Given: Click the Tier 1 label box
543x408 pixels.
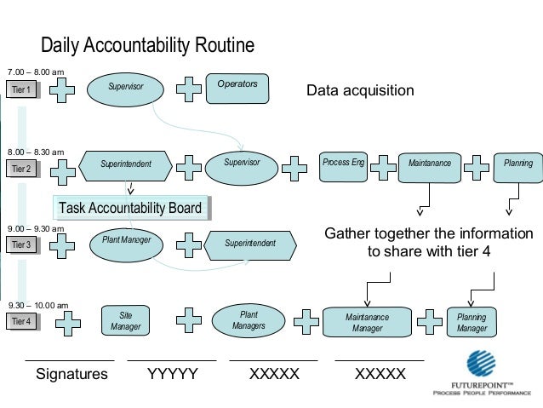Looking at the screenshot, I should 21,89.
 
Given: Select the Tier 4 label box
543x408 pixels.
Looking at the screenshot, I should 21,322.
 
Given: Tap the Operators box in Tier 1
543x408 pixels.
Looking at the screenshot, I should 238,86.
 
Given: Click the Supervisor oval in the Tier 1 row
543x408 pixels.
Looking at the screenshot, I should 126,88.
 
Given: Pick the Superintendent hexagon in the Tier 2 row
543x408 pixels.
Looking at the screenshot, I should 126,164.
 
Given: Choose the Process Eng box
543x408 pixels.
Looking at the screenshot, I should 343,164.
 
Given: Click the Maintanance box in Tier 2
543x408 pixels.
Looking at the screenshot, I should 430,164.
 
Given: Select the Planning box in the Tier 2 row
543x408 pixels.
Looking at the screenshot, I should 518,164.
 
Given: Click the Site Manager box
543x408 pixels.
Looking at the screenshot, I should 125,321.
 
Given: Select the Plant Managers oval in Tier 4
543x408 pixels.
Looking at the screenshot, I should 249,320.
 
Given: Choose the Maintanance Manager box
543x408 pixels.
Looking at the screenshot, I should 367,322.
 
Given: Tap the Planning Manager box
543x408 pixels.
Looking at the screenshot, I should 472,322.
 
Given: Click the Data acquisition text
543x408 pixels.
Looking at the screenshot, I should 360,91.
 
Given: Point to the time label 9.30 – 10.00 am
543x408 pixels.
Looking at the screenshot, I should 38,304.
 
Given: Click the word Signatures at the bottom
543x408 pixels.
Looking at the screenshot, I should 71,374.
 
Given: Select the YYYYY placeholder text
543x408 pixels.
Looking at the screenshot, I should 173,374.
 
